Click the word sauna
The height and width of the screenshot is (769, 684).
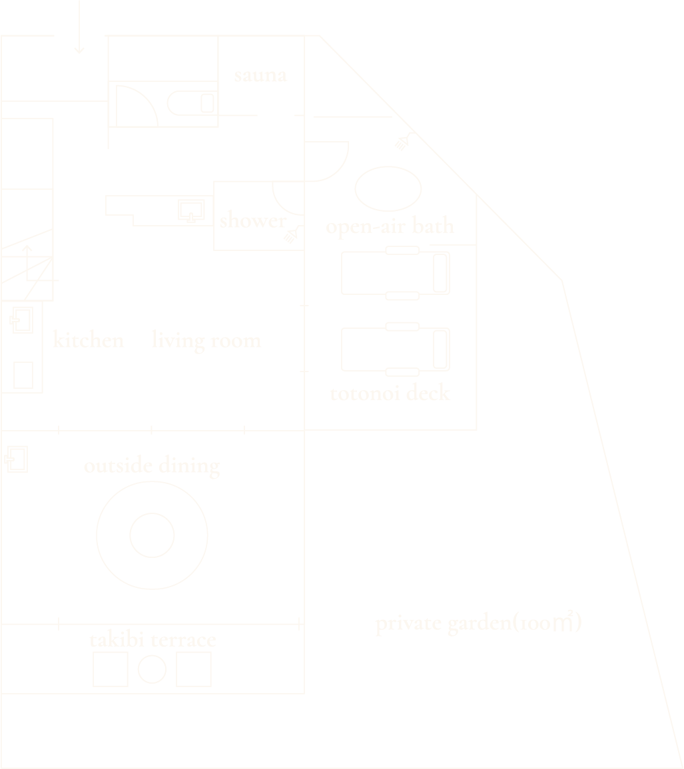click(260, 76)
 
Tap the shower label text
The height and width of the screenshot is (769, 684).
click(253, 220)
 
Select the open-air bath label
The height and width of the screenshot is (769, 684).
click(390, 227)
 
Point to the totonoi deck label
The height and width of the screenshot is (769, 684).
click(390, 393)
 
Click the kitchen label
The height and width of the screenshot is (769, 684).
click(89, 341)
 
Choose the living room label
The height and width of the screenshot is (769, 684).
click(206, 341)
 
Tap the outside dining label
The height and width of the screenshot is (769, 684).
click(152, 465)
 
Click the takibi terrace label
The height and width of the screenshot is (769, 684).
click(153, 640)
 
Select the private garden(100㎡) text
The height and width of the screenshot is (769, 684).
click(479, 624)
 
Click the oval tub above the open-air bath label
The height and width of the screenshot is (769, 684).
click(388, 188)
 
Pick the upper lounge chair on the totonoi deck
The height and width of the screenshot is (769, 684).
click(396, 273)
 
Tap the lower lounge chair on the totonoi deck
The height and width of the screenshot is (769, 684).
click(396, 349)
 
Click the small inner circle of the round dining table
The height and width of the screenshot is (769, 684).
click(152, 535)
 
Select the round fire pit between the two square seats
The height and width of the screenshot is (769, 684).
click(152, 669)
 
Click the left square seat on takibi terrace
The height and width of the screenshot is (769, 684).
click(111, 669)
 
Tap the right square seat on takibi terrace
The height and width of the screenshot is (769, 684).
click(194, 669)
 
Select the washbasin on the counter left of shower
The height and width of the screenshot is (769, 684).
click(191, 210)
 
